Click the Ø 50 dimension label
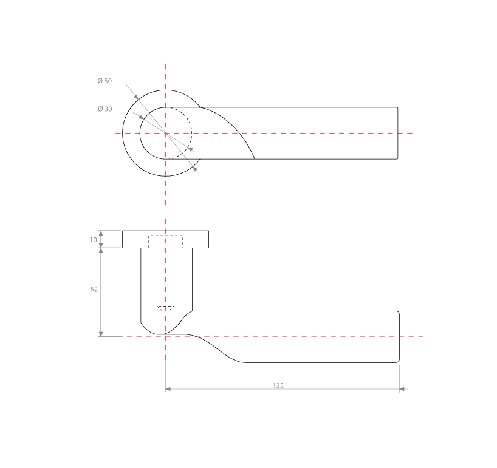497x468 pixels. point(105,81)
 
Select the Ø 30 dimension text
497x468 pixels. point(105,109)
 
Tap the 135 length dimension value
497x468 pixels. point(278,385)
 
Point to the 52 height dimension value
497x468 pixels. point(94,290)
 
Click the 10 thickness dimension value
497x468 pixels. point(94,240)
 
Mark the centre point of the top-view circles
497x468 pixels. point(165,133)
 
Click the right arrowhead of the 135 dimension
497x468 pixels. point(402,388)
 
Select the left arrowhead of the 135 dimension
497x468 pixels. point(169,388)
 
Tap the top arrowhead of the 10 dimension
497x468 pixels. point(101,234)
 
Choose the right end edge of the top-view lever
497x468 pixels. point(398,133)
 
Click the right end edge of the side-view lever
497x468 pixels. point(400,337)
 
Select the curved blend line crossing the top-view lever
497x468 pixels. point(239,134)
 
